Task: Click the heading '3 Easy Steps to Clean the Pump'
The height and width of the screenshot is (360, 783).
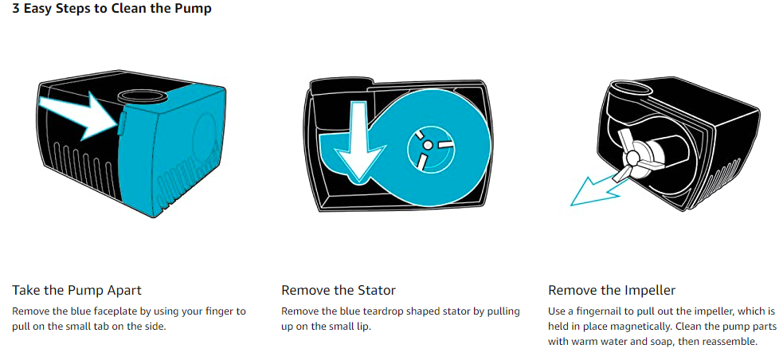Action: click(112, 9)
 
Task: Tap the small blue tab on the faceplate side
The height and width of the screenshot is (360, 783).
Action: click(120, 123)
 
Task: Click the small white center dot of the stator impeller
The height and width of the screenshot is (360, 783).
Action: click(428, 145)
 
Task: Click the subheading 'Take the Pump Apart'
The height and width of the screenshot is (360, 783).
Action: click(77, 290)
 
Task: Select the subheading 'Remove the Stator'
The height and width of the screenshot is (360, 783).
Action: click(339, 290)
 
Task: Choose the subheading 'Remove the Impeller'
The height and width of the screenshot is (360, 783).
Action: click(612, 290)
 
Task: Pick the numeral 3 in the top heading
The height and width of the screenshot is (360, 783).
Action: click(15, 9)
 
